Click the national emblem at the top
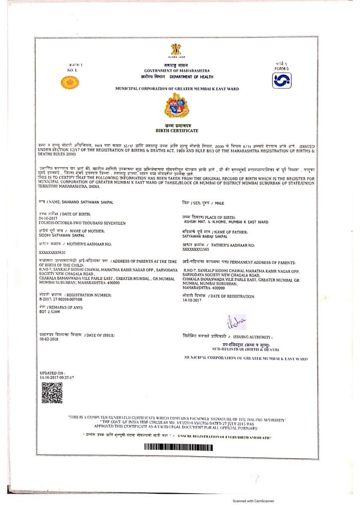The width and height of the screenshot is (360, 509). (177, 50)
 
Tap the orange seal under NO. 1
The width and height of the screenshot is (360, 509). (70, 83)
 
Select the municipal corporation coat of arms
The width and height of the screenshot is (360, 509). (177, 105)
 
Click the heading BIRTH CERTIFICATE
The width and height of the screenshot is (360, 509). (177, 131)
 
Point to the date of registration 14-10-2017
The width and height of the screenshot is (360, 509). (193, 300)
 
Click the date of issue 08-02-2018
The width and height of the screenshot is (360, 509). (49, 339)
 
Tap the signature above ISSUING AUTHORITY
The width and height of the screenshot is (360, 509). (234, 322)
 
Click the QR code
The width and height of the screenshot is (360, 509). (51, 393)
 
